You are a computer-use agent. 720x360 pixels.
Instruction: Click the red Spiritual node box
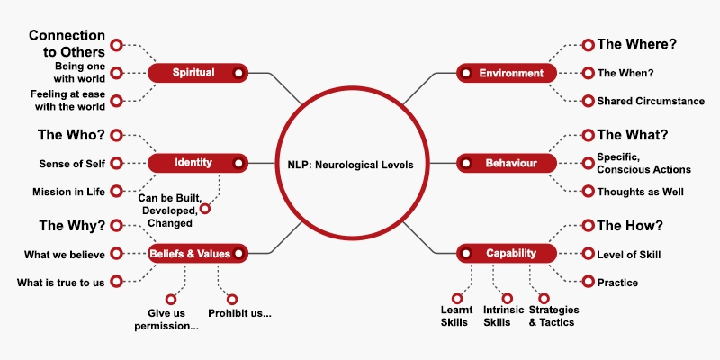tap(198, 73)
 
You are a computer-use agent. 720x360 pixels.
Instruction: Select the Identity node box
tap(198, 163)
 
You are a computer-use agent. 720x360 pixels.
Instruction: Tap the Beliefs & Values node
tap(198, 254)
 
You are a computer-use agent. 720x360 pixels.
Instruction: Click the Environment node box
tap(507, 73)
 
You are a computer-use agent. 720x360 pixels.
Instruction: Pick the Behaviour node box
tap(507, 163)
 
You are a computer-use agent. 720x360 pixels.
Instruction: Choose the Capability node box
tap(507, 254)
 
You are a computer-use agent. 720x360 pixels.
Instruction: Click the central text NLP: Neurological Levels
tap(351, 165)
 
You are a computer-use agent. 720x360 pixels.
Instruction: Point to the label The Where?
tap(637, 44)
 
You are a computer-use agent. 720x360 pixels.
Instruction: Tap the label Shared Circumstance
tap(651, 101)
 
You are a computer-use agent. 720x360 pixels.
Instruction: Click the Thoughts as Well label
tap(640, 192)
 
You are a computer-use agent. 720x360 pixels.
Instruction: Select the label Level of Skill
tap(628, 255)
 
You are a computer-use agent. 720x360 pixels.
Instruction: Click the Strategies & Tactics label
tap(553, 316)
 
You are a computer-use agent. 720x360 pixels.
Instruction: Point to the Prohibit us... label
tap(239, 314)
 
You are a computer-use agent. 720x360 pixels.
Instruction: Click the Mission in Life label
tap(69, 192)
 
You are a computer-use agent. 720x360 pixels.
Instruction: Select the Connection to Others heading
tap(67, 43)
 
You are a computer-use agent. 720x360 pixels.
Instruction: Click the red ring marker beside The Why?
tap(117, 226)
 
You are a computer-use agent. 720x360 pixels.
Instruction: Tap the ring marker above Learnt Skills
tap(457, 299)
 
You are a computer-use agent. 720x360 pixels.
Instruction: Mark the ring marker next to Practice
tap(589, 282)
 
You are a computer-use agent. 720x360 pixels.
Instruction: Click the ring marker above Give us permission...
tap(171, 300)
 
